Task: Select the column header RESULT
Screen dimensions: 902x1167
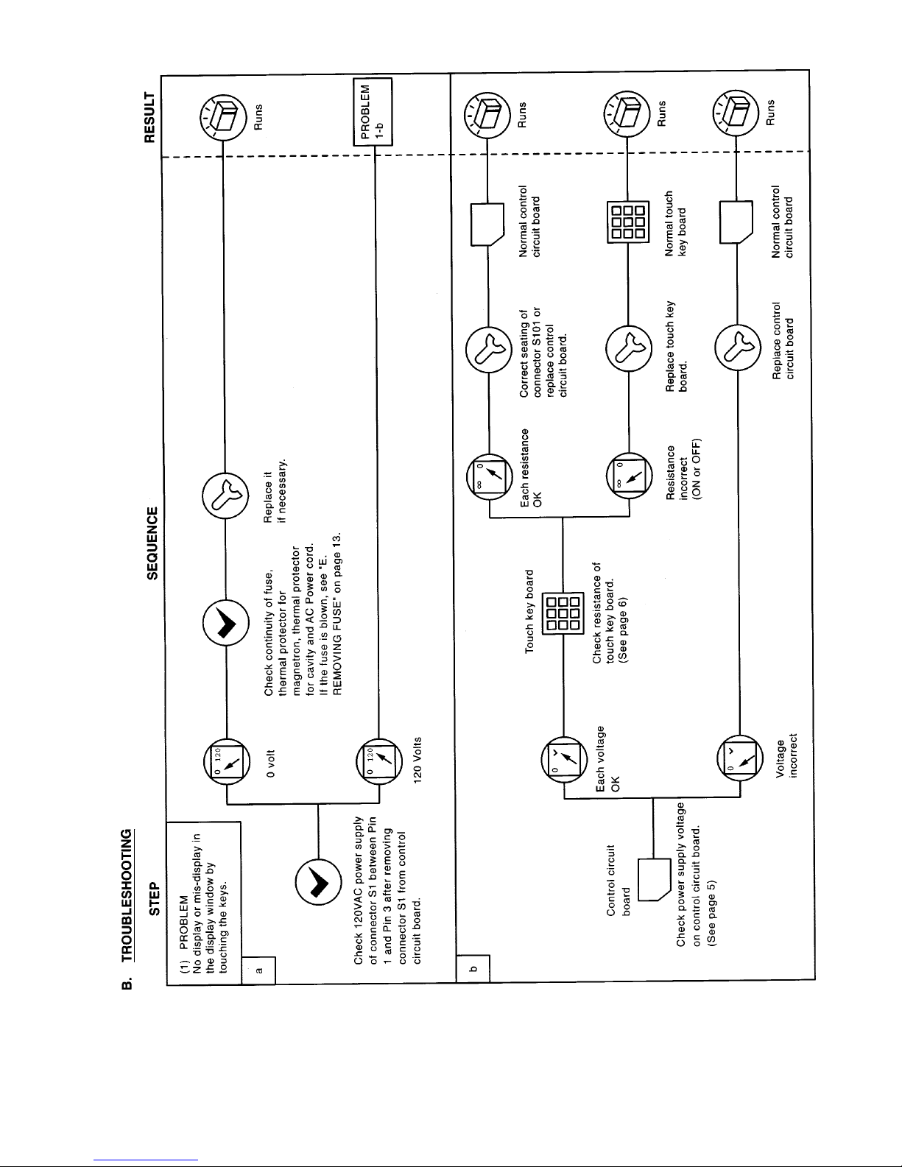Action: coord(149,117)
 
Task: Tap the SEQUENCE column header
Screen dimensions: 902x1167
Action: coord(153,543)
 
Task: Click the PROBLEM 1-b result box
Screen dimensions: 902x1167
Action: coord(373,112)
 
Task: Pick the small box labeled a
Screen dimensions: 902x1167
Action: coord(258,970)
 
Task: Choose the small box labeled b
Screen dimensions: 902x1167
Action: coord(473,968)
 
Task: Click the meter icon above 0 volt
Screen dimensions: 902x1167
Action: coord(227,761)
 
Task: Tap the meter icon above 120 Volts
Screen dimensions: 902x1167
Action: coord(379,761)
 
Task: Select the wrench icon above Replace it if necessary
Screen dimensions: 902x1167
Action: coord(225,496)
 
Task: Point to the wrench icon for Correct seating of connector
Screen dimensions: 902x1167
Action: coord(489,350)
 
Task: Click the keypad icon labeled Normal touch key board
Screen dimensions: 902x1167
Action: coord(627,222)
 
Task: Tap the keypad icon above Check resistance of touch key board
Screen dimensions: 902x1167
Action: coord(563,613)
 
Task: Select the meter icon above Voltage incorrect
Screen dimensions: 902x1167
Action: coord(740,758)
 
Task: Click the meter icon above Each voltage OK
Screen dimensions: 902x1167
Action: coord(564,760)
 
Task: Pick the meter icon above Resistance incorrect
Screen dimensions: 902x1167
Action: coord(630,476)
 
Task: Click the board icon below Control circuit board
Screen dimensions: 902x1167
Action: coord(654,879)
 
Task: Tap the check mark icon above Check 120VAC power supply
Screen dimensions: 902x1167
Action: coord(318,881)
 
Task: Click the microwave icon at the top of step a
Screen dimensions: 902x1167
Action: coord(223,117)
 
